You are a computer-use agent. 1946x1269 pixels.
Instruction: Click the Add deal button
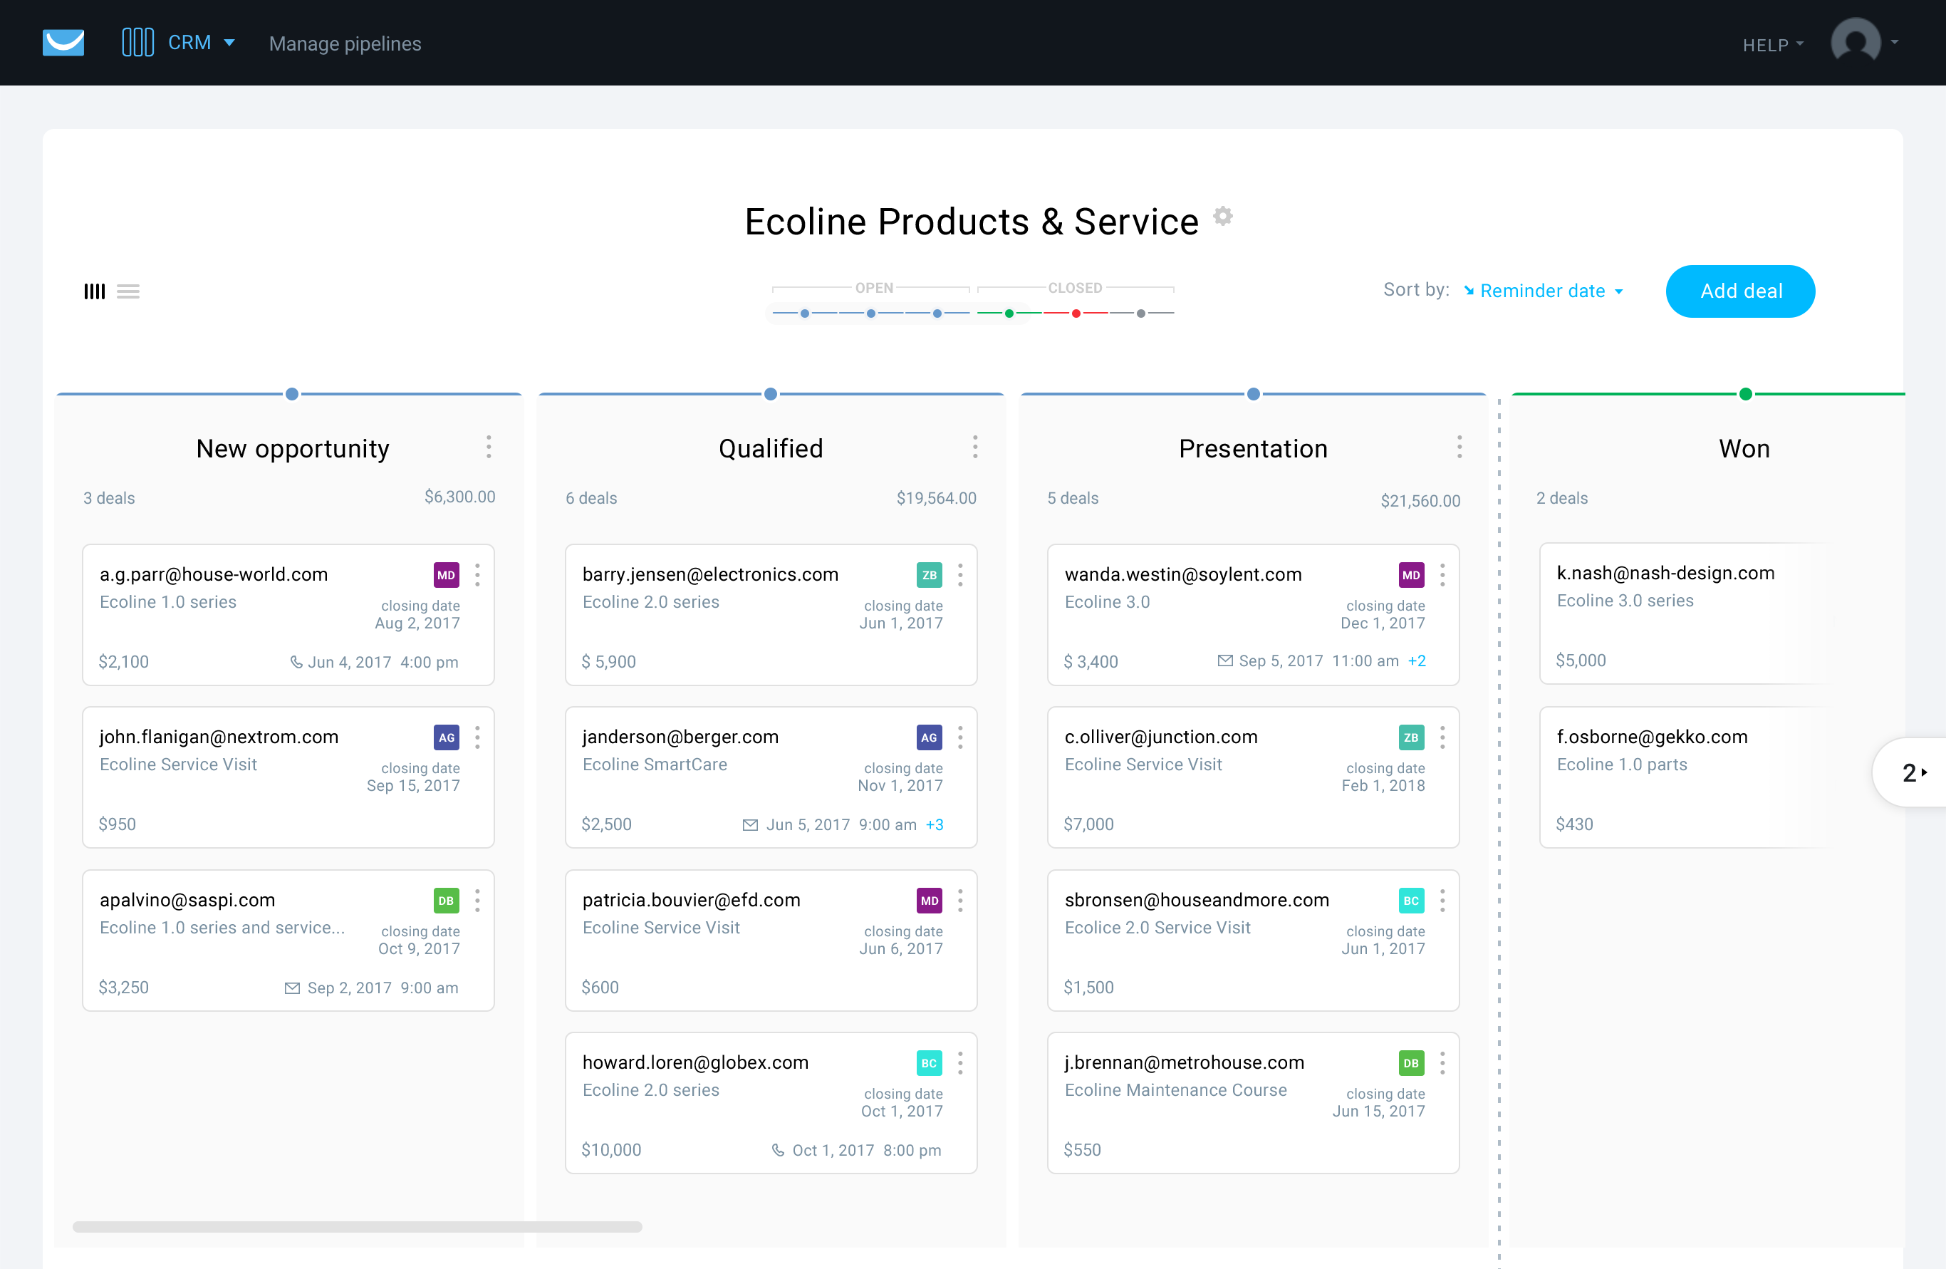(1740, 291)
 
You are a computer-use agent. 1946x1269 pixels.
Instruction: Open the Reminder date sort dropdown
(1544, 291)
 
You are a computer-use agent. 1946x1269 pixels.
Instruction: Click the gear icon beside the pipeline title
(1222, 216)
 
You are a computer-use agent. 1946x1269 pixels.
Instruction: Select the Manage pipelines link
(345, 43)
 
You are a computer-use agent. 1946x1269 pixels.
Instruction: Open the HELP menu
(1771, 45)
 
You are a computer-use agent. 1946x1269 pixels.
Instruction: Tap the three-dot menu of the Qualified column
(974, 447)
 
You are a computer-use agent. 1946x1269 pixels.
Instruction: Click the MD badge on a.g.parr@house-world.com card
(446, 575)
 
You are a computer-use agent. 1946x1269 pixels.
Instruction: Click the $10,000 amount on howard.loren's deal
(610, 1149)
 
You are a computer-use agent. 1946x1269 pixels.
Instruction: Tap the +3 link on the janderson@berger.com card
(935, 824)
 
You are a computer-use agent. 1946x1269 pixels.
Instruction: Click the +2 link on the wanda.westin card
(1417, 661)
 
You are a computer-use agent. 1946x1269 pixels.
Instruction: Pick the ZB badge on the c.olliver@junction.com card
(1410, 737)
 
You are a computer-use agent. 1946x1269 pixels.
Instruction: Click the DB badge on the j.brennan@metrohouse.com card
(1410, 1063)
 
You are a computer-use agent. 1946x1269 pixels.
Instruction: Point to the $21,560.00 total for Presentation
(1420, 500)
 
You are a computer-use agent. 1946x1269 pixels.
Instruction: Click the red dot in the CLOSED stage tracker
(1076, 314)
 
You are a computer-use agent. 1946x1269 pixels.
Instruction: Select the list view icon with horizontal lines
(128, 291)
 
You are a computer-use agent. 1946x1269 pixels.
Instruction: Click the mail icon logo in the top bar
(63, 43)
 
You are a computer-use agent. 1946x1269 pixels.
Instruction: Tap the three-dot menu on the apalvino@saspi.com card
(477, 900)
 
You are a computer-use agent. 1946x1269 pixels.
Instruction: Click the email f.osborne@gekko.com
(1652, 737)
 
